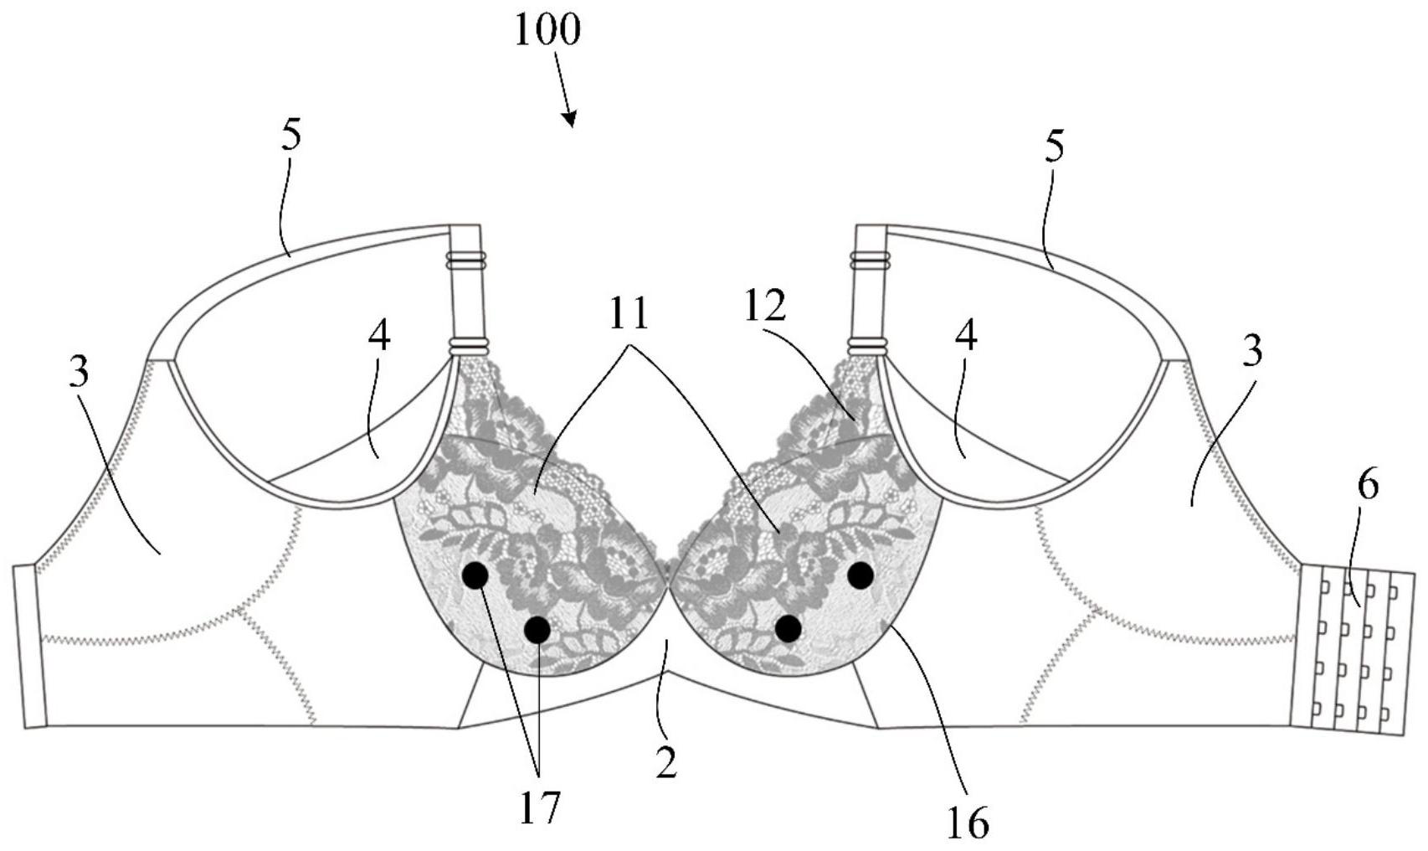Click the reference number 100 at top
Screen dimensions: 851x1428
(547, 32)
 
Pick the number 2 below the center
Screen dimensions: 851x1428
(666, 761)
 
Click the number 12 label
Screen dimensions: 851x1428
(765, 308)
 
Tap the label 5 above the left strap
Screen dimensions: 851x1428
(290, 135)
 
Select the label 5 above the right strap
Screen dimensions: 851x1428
(1055, 147)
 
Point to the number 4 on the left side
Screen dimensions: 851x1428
(379, 337)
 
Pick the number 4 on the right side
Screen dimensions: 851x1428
(966, 338)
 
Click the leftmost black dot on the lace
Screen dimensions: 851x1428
(475, 575)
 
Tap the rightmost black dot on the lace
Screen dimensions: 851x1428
(860, 575)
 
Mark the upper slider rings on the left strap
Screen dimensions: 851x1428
(467, 260)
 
